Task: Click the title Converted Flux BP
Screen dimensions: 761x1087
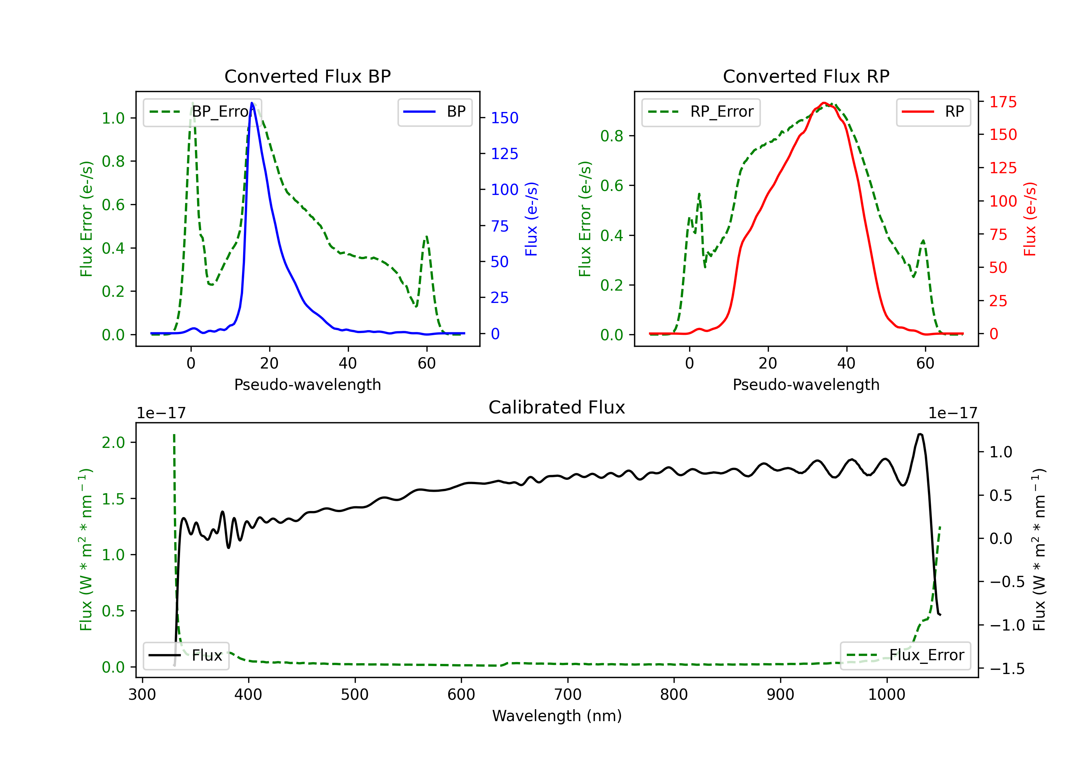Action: [x=307, y=76]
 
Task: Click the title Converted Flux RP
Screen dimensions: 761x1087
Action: [x=806, y=76]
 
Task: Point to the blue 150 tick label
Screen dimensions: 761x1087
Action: [x=504, y=118]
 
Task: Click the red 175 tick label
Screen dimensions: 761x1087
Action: [x=1003, y=102]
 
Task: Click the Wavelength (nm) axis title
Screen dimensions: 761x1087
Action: [x=557, y=716]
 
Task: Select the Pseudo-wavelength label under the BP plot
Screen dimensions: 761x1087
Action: [x=307, y=384]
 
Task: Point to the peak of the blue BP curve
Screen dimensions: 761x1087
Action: [x=252, y=103]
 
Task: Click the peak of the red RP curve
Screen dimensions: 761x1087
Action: [x=824, y=103]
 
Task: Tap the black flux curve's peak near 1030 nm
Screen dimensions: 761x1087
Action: [x=920, y=434]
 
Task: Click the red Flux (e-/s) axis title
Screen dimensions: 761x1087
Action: [x=1030, y=219]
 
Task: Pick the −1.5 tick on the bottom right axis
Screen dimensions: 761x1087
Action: [x=1007, y=669]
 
